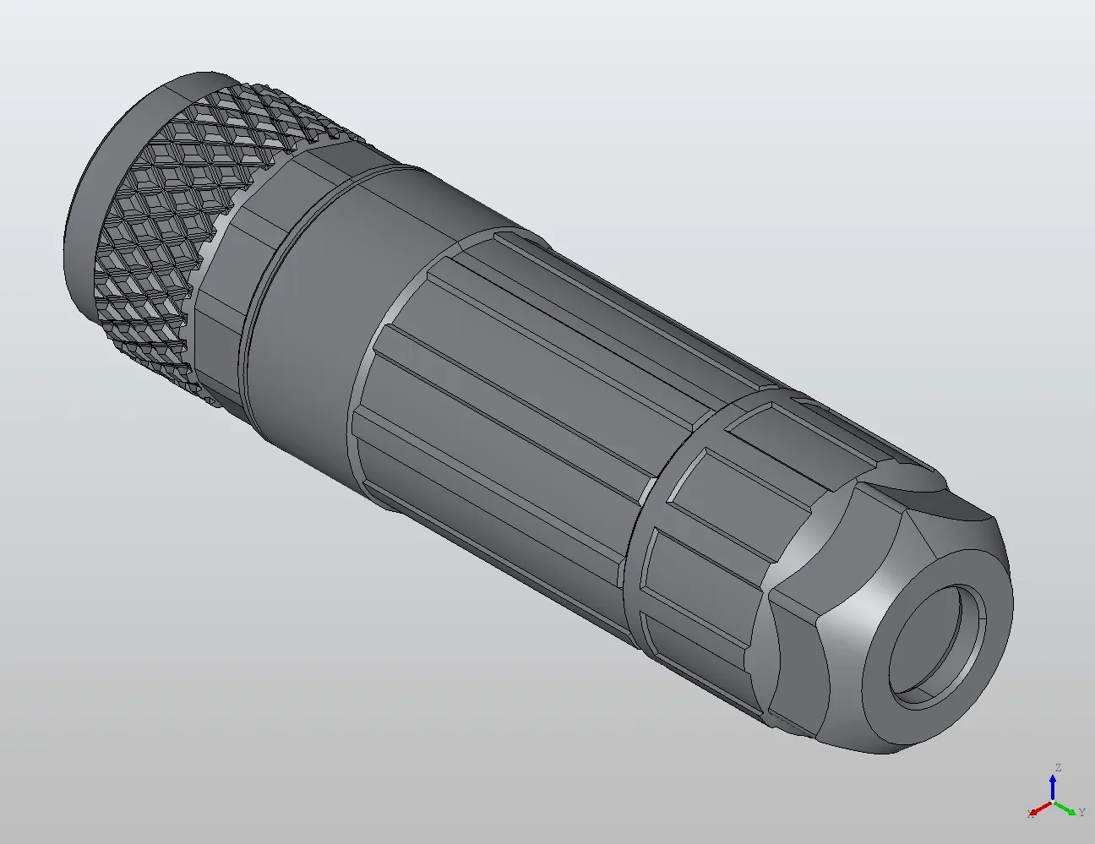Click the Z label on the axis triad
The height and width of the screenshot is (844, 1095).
tap(1057, 768)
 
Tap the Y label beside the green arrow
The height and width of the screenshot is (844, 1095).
tap(1081, 813)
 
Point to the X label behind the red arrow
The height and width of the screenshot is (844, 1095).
tap(1030, 814)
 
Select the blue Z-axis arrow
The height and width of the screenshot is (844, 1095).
tap(1054, 786)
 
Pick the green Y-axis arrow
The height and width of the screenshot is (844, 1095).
tap(1066, 807)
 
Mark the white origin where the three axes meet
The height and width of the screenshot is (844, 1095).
tap(1054, 801)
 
